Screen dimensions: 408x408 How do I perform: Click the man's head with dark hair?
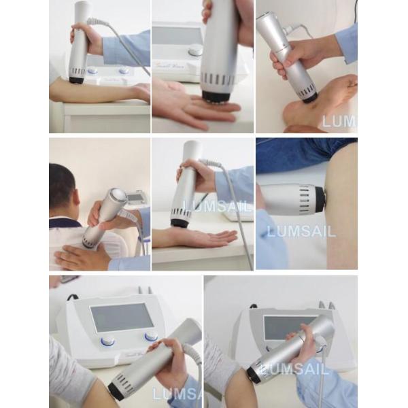[x=63, y=185]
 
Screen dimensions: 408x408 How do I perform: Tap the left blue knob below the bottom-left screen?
[x=107, y=341]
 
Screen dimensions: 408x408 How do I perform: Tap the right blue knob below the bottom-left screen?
[x=151, y=337]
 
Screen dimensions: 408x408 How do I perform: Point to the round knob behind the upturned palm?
[x=195, y=50]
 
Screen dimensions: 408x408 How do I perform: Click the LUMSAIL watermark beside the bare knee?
[x=301, y=232]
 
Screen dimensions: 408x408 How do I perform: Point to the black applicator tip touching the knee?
[x=320, y=199]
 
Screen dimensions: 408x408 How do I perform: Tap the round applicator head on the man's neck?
[x=115, y=199]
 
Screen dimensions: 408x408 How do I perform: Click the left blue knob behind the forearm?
[x=92, y=70]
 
